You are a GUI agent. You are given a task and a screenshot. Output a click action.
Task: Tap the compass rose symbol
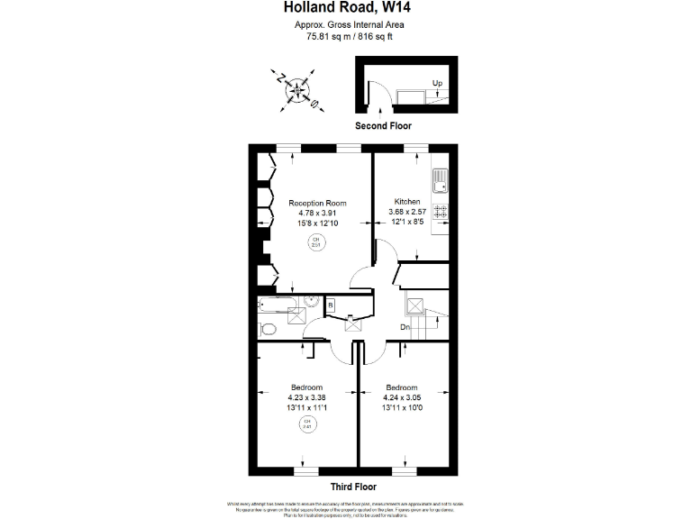296,89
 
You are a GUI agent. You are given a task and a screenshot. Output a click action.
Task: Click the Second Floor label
383,125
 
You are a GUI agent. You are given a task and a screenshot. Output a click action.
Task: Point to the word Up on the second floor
437,84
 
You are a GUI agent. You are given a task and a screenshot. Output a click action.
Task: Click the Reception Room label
317,203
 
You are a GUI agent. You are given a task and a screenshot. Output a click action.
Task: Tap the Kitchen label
407,202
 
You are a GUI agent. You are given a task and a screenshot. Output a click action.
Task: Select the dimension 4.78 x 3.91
317,213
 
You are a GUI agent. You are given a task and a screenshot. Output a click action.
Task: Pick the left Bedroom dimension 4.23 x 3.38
306,397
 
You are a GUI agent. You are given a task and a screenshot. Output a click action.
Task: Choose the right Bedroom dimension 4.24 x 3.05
403,397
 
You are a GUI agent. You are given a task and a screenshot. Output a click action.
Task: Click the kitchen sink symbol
440,183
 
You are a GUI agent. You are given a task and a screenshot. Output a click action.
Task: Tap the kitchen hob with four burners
440,213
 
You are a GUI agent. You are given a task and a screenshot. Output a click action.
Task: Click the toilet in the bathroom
267,328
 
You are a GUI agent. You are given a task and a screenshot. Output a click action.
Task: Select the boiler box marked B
331,305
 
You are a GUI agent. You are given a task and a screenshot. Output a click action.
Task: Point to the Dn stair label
406,328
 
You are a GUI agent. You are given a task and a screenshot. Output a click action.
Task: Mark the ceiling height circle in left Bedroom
306,425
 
